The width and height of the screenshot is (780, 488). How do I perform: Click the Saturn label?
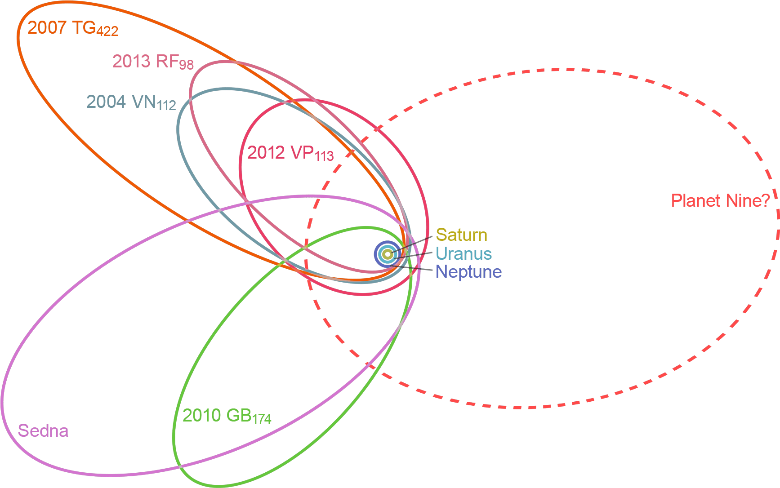[x=461, y=235]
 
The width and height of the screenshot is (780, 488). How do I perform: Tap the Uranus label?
[x=464, y=253]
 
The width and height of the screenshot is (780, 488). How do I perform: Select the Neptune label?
[x=468, y=271]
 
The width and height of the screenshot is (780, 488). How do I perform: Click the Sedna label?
[x=43, y=431]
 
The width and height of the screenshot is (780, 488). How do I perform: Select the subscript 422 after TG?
[x=108, y=31]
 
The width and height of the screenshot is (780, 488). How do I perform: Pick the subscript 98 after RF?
[x=186, y=65]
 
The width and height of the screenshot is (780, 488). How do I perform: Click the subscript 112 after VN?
[x=167, y=106]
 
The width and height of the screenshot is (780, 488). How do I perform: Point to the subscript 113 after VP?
[x=324, y=156]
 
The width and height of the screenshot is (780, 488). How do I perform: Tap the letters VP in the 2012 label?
[x=302, y=153]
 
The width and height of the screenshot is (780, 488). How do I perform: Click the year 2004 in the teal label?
[x=106, y=102]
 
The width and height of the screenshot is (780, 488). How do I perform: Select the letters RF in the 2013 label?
[x=166, y=61]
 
